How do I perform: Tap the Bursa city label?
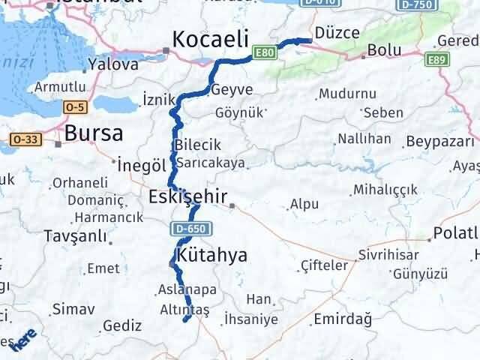[x=94, y=133]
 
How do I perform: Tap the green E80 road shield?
[x=264, y=53]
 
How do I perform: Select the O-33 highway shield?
[x=25, y=139]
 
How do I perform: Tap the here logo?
[x=22, y=339]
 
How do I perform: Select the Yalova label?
[x=113, y=64]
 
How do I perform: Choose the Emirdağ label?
[x=343, y=319]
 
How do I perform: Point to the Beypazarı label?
[x=439, y=142]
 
